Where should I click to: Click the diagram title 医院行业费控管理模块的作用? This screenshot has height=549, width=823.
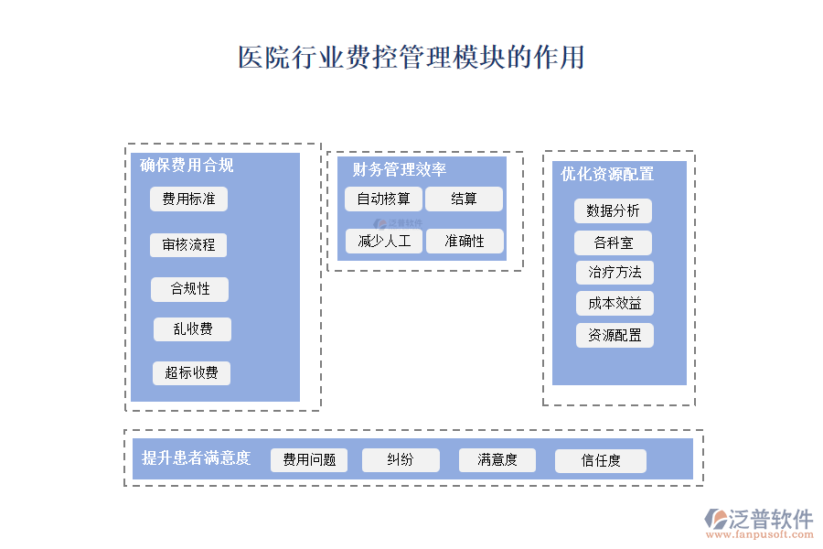pos(411,58)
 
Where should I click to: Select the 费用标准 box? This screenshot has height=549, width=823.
pos(188,199)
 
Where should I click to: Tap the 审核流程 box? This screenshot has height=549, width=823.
pos(188,245)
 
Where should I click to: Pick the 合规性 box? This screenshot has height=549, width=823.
pos(189,289)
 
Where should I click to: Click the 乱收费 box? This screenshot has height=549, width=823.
pos(192,329)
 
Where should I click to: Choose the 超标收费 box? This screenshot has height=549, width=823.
pos(191,372)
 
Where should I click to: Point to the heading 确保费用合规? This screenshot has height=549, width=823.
pos(187,166)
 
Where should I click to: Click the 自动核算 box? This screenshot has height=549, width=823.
pos(383,199)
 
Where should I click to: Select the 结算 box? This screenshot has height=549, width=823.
pos(464,199)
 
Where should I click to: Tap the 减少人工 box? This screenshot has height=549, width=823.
pos(384,242)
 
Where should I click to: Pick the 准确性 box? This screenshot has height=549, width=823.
pos(465,242)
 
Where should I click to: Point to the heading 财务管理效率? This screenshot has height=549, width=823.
pos(400,170)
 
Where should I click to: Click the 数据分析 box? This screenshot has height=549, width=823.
pos(613,210)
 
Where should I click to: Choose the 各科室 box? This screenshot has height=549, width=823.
pos(613,242)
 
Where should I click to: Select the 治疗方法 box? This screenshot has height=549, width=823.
pos(615,273)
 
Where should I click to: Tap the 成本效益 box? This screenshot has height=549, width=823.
pos(615,304)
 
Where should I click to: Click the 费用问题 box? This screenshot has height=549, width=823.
pos(309,460)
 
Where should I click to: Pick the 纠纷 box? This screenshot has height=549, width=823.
pos(401,460)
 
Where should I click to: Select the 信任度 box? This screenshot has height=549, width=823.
pos(601,461)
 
